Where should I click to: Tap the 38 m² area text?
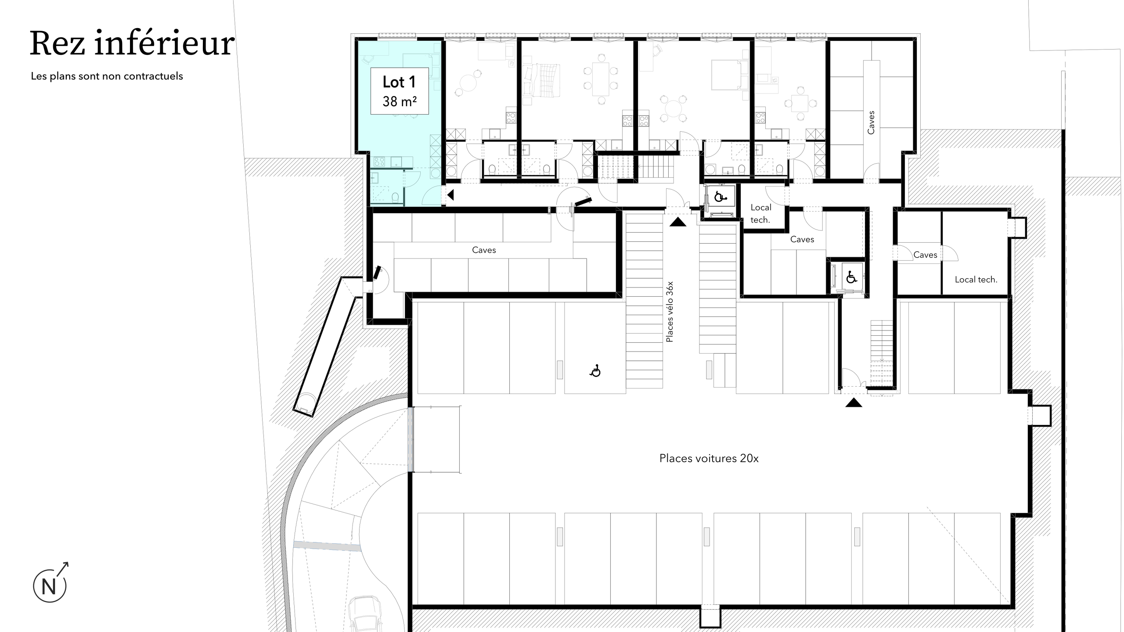(399, 102)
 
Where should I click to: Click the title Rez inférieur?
(132, 44)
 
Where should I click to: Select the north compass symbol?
(50, 585)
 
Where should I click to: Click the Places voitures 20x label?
(709, 459)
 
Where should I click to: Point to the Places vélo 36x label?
(669, 312)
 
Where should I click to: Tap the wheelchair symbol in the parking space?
(595, 371)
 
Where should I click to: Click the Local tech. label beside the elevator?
(760, 214)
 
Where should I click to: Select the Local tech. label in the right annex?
(976, 280)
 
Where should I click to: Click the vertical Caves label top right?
(871, 122)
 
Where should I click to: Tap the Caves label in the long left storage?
(484, 250)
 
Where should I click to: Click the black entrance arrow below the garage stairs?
(854, 402)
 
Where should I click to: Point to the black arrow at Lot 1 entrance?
(450, 195)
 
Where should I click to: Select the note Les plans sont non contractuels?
(107, 76)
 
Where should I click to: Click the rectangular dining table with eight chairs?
(600, 79)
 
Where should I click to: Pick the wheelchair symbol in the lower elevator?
(851, 277)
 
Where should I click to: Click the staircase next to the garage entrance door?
(882, 353)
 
